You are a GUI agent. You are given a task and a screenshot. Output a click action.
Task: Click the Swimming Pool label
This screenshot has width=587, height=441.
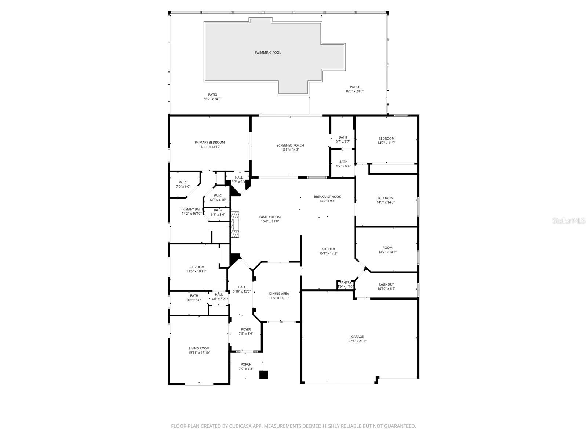click(x=268, y=53)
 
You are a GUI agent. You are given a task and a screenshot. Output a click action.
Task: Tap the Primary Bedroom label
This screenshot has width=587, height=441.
click(x=209, y=143)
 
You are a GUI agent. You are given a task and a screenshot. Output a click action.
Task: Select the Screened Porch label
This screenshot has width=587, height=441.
click(x=290, y=146)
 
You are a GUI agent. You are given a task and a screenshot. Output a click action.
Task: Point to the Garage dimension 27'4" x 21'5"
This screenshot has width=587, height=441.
click(x=357, y=341)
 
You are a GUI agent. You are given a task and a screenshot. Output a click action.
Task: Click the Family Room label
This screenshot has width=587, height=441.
click(x=270, y=217)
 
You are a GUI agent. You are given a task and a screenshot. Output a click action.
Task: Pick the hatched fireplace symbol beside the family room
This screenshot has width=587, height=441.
click(x=235, y=224)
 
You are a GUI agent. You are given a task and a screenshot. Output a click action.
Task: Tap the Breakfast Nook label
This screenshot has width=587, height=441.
click(x=327, y=197)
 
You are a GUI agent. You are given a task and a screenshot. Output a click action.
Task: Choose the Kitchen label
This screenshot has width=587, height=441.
click(x=328, y=249)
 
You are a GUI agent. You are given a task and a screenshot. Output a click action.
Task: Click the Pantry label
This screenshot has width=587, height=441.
click(x=345, y=283)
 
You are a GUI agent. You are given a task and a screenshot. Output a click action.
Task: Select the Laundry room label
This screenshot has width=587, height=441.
click(x=386, y=284)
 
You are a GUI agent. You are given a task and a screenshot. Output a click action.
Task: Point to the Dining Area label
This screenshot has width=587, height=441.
click(x=279, y=294)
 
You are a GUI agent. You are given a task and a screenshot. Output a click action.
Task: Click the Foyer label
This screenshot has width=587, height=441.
click(x=246, y=330)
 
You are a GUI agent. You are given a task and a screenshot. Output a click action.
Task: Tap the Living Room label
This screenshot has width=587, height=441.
click(x=199, y=348)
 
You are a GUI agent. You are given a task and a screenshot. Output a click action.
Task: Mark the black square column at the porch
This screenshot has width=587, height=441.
click(x=264, y=375)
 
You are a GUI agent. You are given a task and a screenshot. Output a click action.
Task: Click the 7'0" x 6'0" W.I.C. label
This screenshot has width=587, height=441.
click(x=183, y=182)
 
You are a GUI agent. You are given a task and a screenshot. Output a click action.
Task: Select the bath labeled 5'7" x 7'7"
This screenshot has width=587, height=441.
click(x=343, y=137)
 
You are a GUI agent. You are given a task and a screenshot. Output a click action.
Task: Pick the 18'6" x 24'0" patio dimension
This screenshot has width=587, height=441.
click(x=354, y=92)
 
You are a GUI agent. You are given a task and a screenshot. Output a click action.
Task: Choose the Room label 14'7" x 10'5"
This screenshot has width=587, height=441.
click(x=387, y=248)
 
